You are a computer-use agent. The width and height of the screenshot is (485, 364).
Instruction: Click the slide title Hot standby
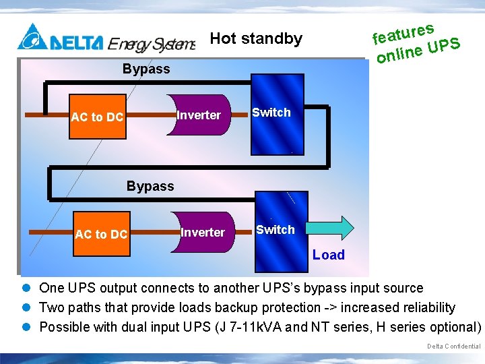tap(256, 38)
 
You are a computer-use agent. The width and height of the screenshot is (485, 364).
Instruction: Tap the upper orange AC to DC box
tap(98, 117)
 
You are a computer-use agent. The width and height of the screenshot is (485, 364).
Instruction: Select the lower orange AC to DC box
tap(101, 234)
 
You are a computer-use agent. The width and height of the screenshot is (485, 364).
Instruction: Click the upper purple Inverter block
tap(199, 115)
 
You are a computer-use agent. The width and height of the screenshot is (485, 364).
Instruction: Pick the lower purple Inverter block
tap(203, 233)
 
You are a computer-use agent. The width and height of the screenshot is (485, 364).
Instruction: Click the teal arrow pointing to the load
tap(331, 229)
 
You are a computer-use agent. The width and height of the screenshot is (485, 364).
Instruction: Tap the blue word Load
tap(328, 255)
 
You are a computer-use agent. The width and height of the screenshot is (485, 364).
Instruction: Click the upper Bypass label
tap(146, 69)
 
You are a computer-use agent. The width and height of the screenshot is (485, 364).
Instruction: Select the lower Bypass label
tap(150, 186)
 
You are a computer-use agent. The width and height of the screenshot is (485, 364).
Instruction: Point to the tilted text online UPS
tap(418, 51)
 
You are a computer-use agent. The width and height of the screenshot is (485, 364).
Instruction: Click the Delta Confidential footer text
tap(453, 346)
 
